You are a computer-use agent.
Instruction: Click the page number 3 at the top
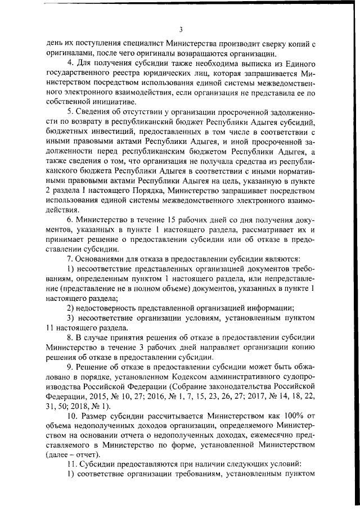(180, 29)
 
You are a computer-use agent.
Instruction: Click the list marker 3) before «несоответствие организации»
(70, 318)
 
